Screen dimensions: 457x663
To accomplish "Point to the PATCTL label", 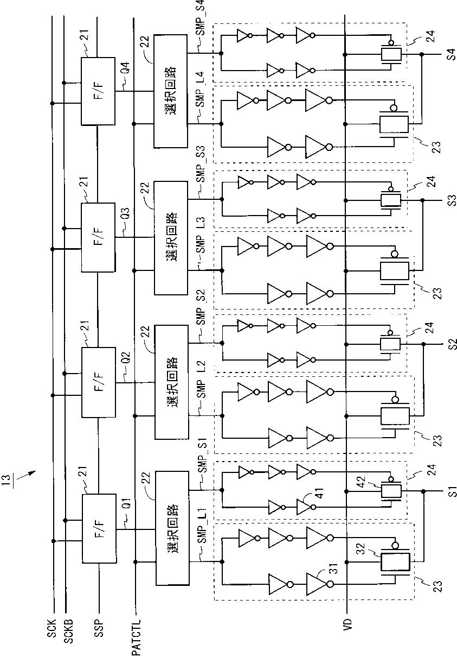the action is coord(136,637).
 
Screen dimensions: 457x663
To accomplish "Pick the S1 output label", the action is coord(453,491).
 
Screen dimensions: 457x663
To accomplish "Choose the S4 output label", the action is coord(452,55).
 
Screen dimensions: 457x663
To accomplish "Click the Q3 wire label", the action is coord(125,214).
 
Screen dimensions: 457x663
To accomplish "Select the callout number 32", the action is coord(363,548).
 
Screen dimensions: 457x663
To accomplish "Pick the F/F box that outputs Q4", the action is coord(98,91).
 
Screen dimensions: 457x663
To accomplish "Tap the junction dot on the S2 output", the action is coord(423,344).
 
